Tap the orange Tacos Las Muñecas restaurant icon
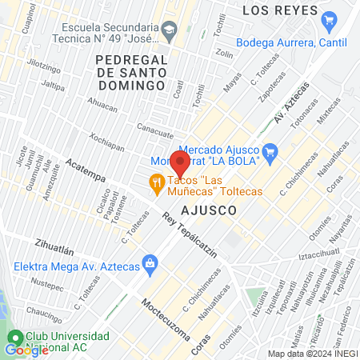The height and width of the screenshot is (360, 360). (158, 185)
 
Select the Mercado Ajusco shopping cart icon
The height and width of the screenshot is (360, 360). (270, 150)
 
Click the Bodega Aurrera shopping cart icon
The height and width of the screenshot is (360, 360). (328, 19)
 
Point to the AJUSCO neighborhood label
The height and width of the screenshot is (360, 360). (210, 210)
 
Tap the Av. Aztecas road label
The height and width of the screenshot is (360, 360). (290, 106)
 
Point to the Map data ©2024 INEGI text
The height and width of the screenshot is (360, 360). (312, 354)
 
